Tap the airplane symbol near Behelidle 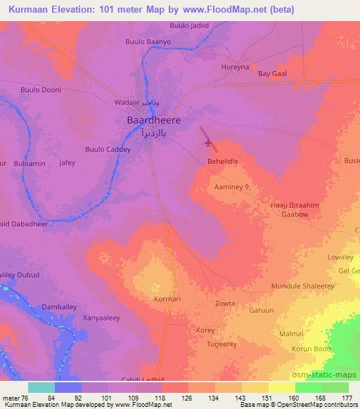click(x=207, y=143)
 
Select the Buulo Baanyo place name click(x=148, y=42)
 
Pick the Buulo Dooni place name click(x=41, y=90)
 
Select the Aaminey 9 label click(x=232, y=188)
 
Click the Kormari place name click(x=167, y=300)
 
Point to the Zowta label click(x=224, y=304)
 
